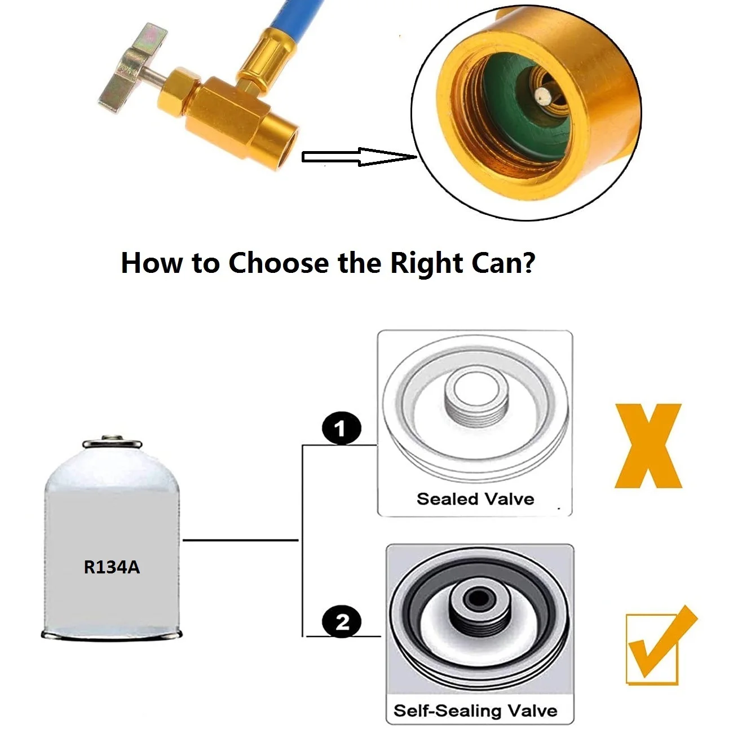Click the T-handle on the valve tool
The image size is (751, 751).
132,67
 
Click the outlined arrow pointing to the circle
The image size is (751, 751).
359,157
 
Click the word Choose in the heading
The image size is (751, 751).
279,263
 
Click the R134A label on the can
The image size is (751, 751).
112,567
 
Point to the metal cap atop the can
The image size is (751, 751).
112,443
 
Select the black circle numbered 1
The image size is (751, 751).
342,427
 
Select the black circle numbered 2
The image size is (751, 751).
342,621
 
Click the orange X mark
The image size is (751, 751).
648,446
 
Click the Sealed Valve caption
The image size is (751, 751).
475,499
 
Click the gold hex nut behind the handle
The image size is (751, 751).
176,92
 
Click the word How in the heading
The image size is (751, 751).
152,263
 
